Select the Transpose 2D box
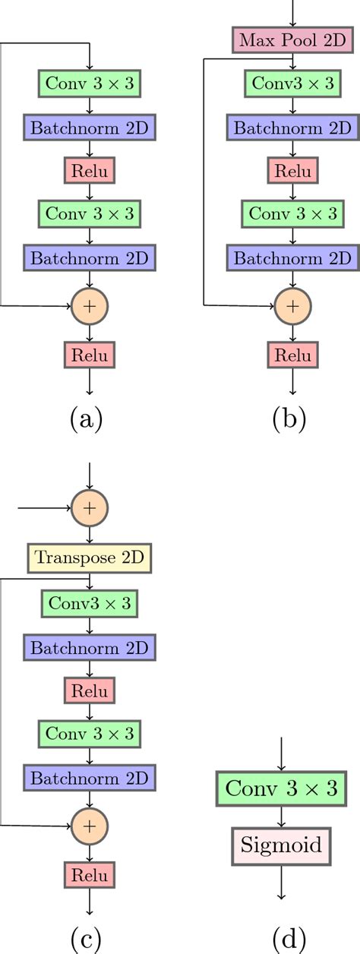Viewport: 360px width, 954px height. tap(90, 558)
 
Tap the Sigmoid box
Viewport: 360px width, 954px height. tap(282, 845)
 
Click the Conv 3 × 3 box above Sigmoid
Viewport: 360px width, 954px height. tap(282, 790)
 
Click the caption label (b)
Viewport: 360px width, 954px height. tap(289, 419)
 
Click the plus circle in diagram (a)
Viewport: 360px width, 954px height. tap(90, 305)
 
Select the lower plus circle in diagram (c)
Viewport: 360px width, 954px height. tap(90, 823)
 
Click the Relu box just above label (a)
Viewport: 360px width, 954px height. tap(90, 354)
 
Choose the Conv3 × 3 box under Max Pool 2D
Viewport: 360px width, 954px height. tap(292, 82)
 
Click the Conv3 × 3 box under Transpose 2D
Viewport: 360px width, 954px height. tap(90, 603)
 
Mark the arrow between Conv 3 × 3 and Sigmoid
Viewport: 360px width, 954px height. tap(282, 817)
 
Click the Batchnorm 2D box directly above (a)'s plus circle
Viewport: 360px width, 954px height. tap(90, 257)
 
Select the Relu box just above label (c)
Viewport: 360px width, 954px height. tap(90, 875)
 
